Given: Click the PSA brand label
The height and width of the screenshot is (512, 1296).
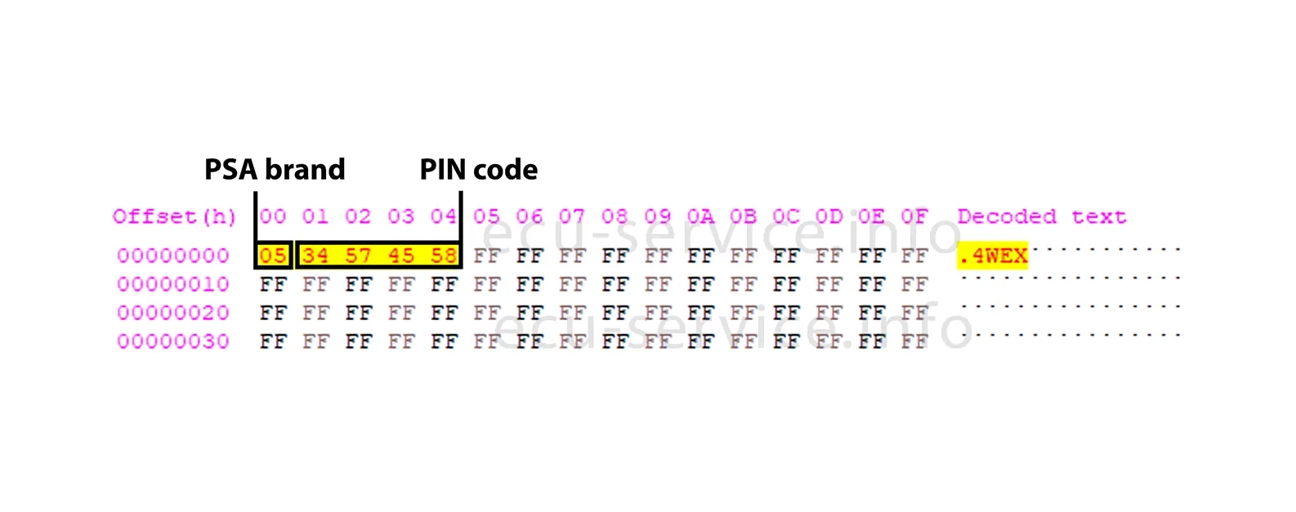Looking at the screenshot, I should coord(275,169).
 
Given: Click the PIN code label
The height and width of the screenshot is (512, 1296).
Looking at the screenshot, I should coord(478,169).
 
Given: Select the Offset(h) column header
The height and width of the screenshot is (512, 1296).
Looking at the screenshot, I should coord(174,216).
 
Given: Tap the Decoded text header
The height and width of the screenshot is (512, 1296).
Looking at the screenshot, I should coord(1042,216).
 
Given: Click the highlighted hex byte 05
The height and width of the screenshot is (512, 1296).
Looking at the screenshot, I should coord(273,256).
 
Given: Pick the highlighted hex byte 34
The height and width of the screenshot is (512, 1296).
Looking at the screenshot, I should coord(315,256).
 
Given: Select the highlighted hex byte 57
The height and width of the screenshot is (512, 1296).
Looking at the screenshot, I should coord(358,256).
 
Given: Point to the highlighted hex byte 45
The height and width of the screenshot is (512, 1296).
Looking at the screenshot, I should coord(400,256).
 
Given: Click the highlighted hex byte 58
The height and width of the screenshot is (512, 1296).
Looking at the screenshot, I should coord(443,256).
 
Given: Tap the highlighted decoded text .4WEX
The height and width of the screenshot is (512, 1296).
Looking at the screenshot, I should coord(993,256).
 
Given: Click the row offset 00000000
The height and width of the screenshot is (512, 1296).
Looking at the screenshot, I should coord(173,256).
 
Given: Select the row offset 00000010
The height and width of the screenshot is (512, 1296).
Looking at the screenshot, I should coord(173,284).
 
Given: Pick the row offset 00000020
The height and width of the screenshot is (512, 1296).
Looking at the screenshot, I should coord(173,313).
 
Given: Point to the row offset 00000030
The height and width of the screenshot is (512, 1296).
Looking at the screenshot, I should coord(173,341).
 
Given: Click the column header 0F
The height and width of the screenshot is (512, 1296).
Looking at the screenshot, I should coord(914,216).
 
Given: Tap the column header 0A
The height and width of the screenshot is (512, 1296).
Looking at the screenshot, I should coord(700,216).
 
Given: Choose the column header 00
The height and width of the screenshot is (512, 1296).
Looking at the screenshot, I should coord(273,216).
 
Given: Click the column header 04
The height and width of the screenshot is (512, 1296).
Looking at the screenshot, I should coord(443,216).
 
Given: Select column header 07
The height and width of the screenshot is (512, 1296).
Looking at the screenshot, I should coord(572,216).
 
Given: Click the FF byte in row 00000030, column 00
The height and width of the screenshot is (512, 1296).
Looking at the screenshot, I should coord(273,341).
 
